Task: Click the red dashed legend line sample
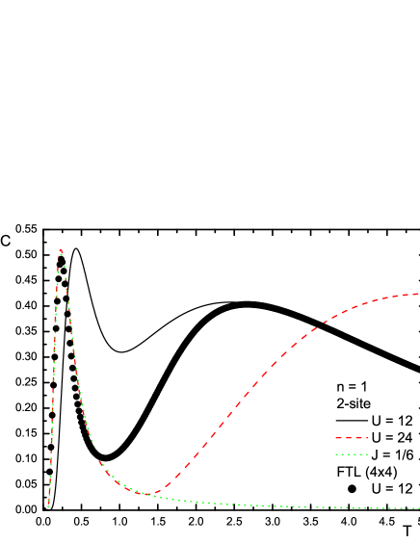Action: [352, 438]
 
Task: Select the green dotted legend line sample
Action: [352, 453]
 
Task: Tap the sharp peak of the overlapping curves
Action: [61, 250]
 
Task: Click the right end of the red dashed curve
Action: [418, 294]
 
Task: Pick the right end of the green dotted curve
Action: [418, 508]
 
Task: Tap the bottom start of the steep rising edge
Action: [48, 507]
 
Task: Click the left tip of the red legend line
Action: [335, 438]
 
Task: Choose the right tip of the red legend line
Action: [369, 438]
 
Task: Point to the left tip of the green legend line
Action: [335, 453]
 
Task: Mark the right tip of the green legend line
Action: [369, 453]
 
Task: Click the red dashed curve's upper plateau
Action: [385, 298]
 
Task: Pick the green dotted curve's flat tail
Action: [318, 506]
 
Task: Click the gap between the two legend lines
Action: [352, 446]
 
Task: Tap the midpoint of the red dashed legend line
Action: [353, 438]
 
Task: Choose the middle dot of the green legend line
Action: [353, 453]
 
